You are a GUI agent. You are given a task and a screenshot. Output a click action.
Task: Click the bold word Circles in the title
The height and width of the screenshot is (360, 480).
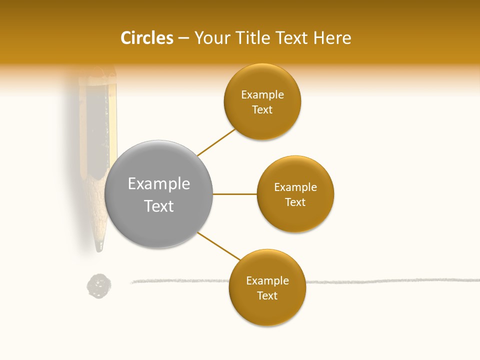point(146,38)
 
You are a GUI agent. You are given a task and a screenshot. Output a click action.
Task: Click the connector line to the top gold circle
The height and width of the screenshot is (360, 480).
point(216,142)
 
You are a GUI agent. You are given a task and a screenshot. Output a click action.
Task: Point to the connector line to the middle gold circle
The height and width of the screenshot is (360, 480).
point(234,194)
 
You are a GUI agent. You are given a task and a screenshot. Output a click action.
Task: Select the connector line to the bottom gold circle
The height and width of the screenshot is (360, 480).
point(218,245)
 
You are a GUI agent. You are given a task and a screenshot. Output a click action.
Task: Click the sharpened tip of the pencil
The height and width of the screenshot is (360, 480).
point(99,247)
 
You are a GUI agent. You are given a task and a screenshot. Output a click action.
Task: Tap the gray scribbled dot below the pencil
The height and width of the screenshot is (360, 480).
point(99,286)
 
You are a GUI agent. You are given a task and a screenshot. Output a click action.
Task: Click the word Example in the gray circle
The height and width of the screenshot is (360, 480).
point(159,184)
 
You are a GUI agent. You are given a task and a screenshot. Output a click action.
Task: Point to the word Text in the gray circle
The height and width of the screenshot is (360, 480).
point(159,206)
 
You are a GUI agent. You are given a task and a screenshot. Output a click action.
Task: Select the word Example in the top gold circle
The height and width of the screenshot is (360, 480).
point(262,95)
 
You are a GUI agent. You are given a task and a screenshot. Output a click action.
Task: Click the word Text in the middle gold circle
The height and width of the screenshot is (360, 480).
point(295,202)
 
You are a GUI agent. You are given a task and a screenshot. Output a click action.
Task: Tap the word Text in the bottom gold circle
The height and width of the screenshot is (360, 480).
point(267,296)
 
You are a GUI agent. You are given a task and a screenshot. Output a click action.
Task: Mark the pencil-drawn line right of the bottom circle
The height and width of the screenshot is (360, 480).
point(390,281)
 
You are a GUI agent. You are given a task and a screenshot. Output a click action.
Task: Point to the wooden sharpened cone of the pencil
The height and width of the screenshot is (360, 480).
point(98,210)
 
